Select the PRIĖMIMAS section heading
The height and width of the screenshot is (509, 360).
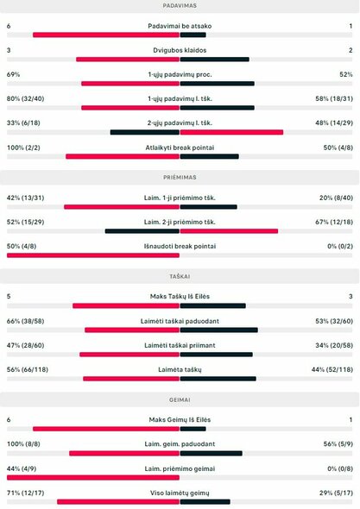(180, 177)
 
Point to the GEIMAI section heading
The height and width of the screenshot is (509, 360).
(180, 399)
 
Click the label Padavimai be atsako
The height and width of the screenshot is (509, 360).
(180, 26)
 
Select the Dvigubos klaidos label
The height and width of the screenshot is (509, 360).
(180, 50)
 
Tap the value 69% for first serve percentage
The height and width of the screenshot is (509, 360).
(13, 74)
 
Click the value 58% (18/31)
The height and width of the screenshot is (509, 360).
(331, 98)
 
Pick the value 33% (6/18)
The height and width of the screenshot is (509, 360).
(23, 123)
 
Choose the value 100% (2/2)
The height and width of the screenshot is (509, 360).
(24, 147)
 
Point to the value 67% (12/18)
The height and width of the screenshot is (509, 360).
(331, 222)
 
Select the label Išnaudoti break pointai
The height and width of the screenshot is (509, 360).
(180, 246)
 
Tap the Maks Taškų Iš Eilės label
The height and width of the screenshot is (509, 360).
(180, 296)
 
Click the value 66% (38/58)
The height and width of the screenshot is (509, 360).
(26, 320)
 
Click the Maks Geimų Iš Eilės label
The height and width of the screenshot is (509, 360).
(180, 419)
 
